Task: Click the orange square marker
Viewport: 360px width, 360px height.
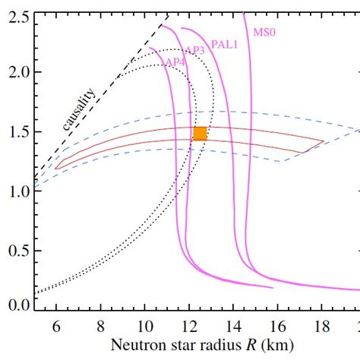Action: [x=200, y=134]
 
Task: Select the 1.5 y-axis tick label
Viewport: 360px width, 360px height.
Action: [x=17, y=131]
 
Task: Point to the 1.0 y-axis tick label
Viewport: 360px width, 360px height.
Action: [x=17, y=191]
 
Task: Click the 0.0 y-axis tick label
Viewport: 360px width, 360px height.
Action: [x=17, y=305]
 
